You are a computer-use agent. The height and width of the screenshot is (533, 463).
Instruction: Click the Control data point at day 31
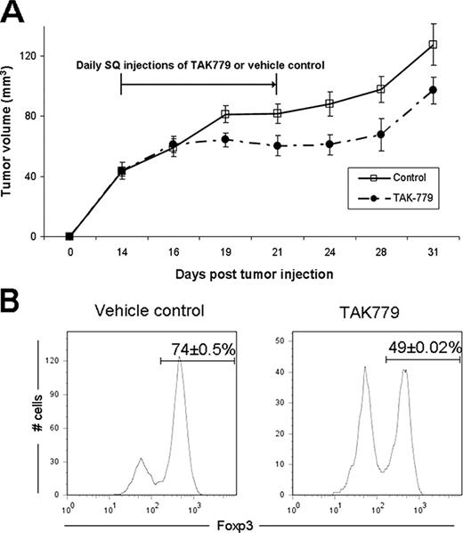tap(433, 45)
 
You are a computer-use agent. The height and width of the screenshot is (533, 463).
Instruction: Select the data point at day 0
tap(69, 236)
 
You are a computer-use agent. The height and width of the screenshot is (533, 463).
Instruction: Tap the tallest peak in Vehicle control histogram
tap(181, 362)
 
